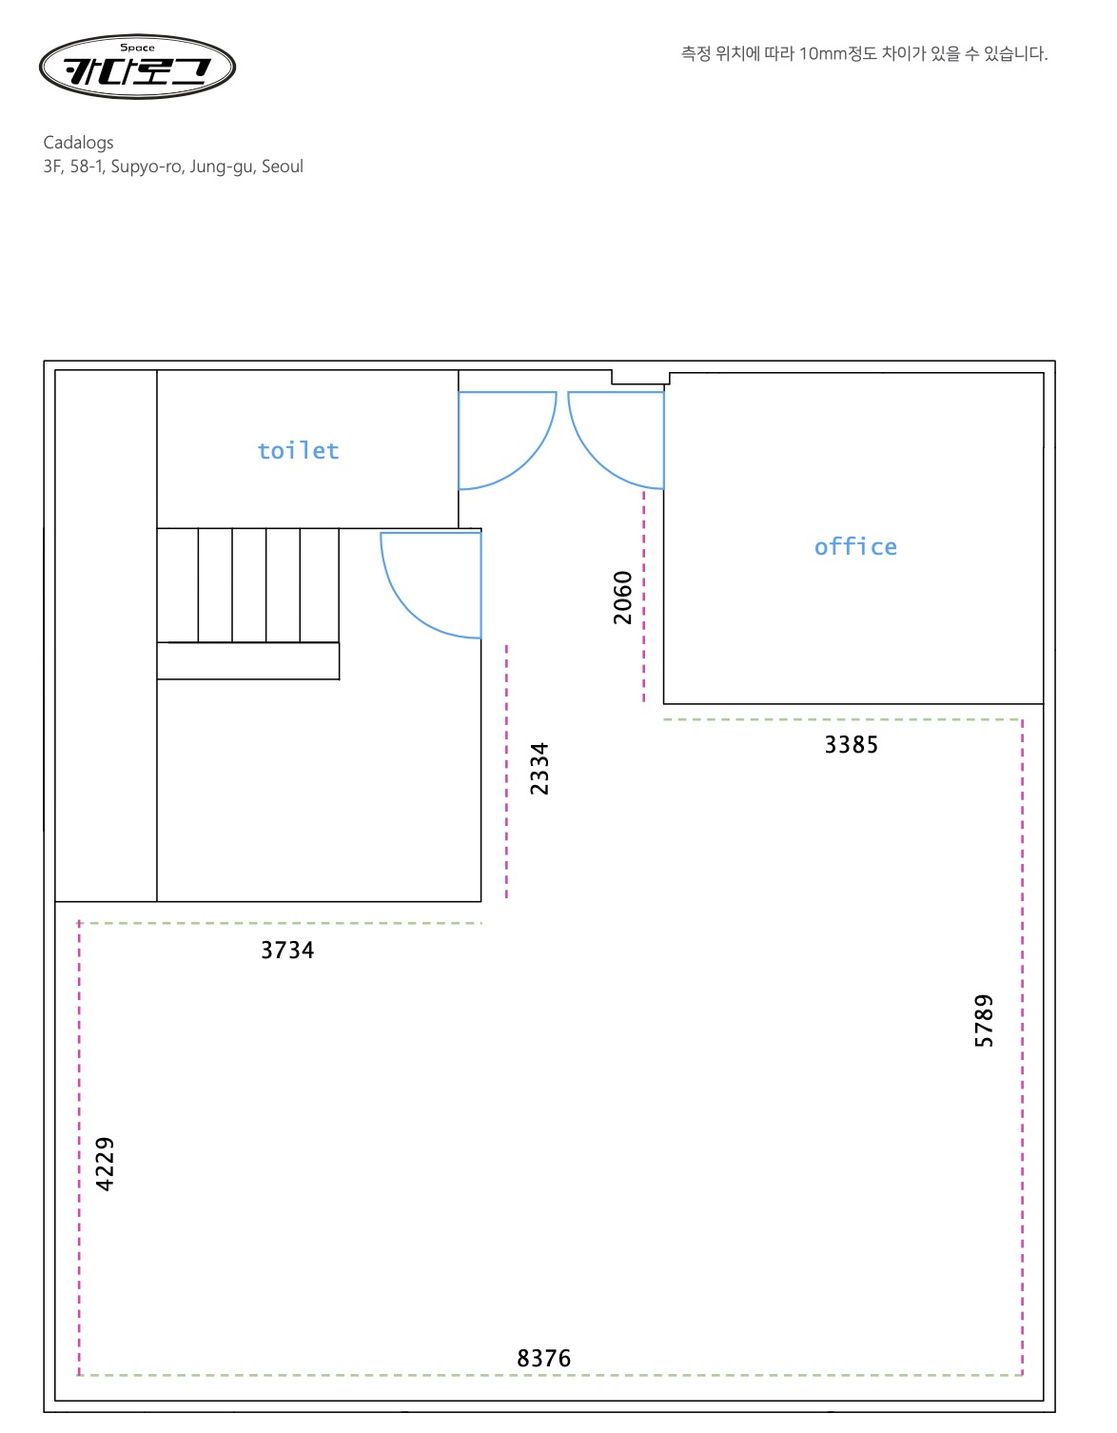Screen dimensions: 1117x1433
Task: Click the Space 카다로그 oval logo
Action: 137,67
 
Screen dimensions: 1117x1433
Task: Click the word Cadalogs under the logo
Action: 78,143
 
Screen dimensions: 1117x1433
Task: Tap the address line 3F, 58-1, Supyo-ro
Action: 173,167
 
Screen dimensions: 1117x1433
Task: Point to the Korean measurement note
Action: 863,53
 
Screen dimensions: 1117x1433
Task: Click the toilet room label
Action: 298,450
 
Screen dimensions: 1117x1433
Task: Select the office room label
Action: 855,547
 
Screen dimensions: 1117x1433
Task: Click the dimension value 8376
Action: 543,1359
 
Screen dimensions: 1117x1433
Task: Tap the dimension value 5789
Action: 983,1020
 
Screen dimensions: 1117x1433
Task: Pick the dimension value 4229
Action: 104,1164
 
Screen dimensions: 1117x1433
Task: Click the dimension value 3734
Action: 286,951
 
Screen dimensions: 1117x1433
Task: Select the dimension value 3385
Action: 851,744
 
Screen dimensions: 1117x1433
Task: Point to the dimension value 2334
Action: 539,768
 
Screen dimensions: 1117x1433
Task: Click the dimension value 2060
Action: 622,598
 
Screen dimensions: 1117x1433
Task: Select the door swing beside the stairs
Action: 402,607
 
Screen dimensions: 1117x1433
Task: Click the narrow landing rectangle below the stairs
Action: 248,660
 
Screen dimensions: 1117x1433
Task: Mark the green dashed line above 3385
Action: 843,719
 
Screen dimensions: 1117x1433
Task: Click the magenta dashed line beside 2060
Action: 643,597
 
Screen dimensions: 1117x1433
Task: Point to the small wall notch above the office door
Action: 639,377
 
